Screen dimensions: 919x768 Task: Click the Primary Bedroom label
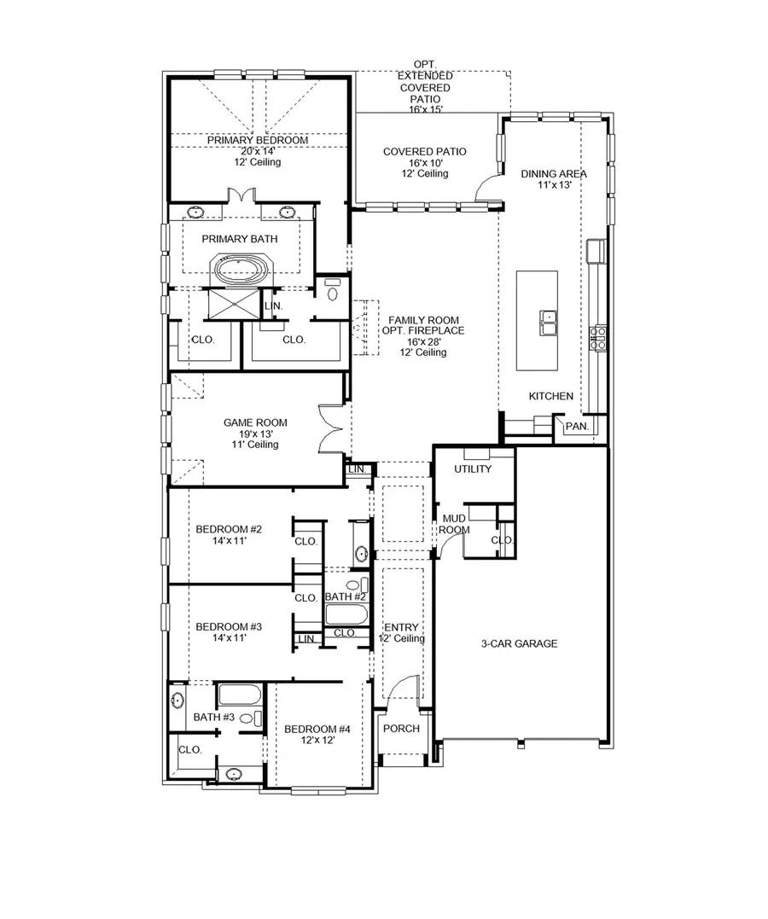pyautogui.click(x=257, y=140)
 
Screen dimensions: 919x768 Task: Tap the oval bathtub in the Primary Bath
pyautogui.click(x=240, y=272)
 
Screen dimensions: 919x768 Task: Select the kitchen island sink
pyautogui.click(x=548, y=323)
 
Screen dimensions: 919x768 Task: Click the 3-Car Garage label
pyautogui.click(x=518, y=644)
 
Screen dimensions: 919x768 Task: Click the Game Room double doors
pyautogui.click(x=329, y=428)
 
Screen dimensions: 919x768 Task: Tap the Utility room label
pyautogui.click(x=473, y=469)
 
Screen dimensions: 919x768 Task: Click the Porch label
pyautogui.click(x=400, y=729)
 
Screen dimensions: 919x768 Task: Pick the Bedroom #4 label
pyautogui.click(x=317, y=729)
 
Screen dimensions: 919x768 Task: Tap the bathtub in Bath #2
pyautogui.click(x=345, y=616)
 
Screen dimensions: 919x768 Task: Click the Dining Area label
pyautogui.click(x=554, y=174)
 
